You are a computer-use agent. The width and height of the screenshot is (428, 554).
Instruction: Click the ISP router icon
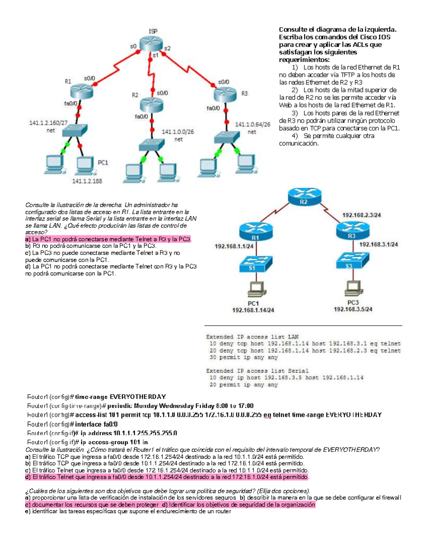coord(151,44)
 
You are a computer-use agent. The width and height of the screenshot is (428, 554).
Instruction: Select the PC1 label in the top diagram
coord(103,163)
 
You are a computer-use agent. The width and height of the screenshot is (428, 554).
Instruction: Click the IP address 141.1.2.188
coord(87,181)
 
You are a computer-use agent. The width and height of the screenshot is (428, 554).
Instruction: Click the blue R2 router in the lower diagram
coord(304,197)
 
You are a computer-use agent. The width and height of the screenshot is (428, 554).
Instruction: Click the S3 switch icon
coord(352,261)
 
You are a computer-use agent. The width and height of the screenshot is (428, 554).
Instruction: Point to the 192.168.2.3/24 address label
coord(361,215)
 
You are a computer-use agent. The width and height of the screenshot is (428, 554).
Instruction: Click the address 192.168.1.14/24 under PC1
coord(253,310)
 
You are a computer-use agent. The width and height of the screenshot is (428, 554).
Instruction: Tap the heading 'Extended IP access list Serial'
coord(257,371)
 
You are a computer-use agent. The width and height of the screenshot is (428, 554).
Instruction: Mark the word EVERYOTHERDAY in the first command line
coord(138,397)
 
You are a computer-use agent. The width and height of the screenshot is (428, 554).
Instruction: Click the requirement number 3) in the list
coord(295,113)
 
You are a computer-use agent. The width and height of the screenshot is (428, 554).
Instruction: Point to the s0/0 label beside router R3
coord(224,82)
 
